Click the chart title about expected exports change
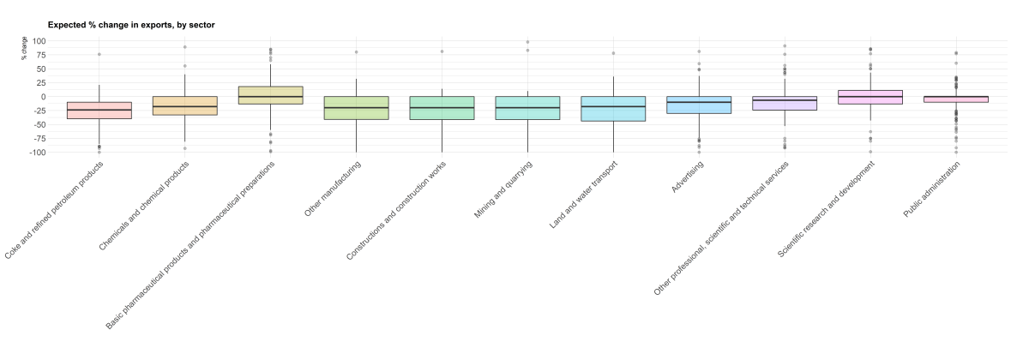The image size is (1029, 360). [131, 25]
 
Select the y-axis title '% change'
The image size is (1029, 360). [25, 52]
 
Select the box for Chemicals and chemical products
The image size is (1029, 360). [185, 105]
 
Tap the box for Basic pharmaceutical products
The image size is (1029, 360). [271, 95]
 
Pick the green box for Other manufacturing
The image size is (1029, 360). [357, 108]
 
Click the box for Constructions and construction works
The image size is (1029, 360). [442, 108]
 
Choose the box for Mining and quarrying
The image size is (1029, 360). [528, 108]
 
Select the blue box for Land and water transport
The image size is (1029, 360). [614, 109]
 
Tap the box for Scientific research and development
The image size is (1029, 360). [871, 97]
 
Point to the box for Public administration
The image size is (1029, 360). [957, 99]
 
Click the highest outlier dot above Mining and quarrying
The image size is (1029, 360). [527, 42]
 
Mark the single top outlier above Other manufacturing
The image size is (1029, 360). [357, 52]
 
